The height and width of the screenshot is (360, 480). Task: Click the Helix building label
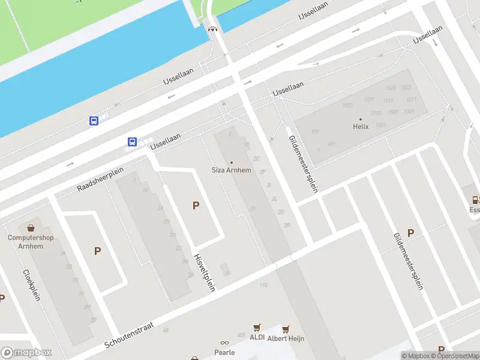[x=360, y=127]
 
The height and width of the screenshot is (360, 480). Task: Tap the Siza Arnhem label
[x=232, y=170]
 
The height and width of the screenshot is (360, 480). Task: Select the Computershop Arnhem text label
[x=31, y=242]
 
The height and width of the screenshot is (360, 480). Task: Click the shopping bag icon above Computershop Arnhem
[x=31, y=228]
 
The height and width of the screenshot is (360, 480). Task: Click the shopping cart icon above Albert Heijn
[x=286, y=329]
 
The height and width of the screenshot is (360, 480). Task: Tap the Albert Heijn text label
[x=286, y=338]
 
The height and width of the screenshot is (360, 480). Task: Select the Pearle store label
[x=224, y=352]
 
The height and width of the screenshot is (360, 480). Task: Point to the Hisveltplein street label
[x=205, y=272]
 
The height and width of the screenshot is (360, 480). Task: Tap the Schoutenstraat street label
[x=129, y=336]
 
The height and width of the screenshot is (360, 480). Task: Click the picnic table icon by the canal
[x=212, y=28]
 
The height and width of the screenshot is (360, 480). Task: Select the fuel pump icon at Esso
[x=476, y=200]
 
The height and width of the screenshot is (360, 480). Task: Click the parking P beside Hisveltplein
[x=196, y=206]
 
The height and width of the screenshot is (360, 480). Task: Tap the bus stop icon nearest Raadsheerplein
[x=132, y=142]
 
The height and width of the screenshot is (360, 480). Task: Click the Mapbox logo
[x=26, y=353]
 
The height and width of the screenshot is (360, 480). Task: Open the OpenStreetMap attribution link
[x=454, y=356]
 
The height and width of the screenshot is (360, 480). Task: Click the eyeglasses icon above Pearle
[x=224, y=343]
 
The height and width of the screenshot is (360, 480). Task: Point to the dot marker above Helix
[x=360, y=119]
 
